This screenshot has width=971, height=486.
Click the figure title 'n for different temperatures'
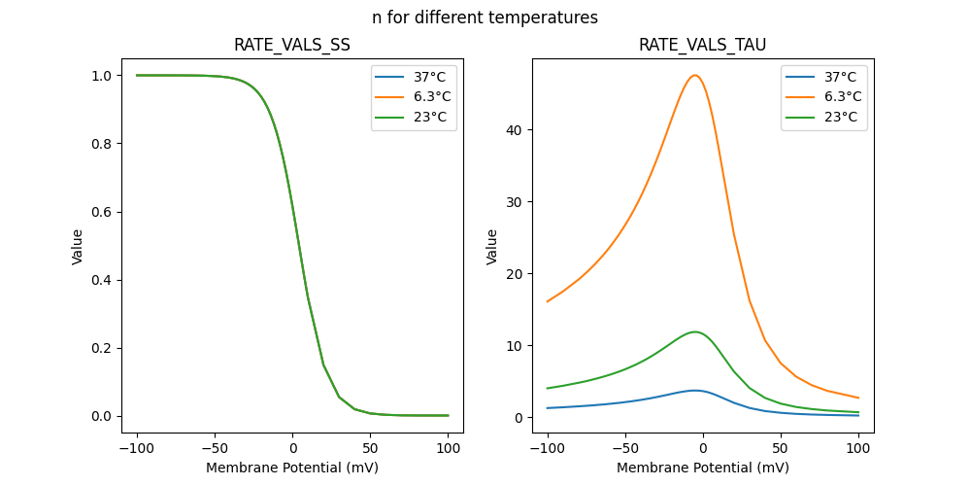485,17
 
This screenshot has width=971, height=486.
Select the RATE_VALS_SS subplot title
292,46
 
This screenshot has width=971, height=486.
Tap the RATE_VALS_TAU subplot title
702,46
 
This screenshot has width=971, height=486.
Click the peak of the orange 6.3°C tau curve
694,75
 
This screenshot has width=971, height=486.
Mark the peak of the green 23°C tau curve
694,332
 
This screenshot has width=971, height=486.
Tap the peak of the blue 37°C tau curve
694,390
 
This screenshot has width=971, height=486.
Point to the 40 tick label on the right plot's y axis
515,130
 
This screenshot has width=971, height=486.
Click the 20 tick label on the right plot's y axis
515,274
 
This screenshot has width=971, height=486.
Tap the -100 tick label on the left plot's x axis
136,450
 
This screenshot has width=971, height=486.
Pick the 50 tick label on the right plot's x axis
780,450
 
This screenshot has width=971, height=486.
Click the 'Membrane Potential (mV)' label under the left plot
292,468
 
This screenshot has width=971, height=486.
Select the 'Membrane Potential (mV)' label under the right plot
702,468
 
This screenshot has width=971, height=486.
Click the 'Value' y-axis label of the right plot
492,246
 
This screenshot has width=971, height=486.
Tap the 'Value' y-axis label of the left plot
78,246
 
